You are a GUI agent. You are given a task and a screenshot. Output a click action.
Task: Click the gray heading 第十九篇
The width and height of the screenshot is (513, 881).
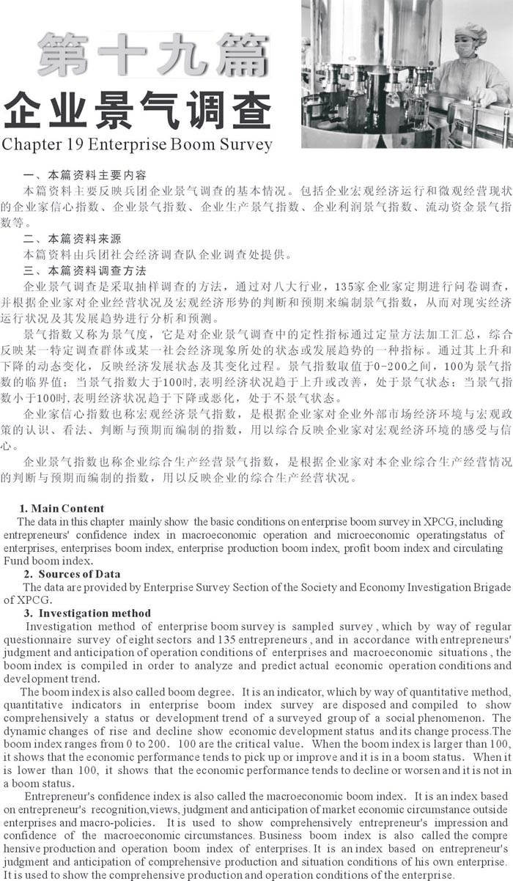point(152,55)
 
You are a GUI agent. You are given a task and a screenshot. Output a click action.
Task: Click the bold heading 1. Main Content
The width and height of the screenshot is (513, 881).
point(62,509)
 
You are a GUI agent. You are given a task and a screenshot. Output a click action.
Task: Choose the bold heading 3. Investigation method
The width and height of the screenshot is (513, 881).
point(87,613)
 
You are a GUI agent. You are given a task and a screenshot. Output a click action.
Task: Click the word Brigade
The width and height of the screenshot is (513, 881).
point(490,587)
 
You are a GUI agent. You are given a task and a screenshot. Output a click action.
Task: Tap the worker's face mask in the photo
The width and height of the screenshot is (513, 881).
point(465,49)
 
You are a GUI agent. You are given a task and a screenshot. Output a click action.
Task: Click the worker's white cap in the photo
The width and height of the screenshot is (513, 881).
point(470,31)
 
